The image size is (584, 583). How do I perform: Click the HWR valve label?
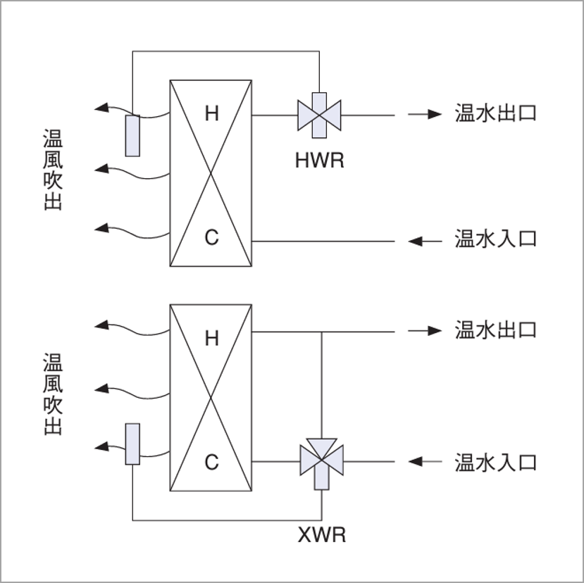[319, 161]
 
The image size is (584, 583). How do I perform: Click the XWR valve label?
[322, 536]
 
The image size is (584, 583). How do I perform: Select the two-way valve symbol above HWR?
[319, 113]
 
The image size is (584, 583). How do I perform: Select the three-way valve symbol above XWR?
[321, 460]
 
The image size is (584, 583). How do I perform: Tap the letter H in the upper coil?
[211, 113]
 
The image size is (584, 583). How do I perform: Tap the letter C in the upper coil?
[211, 238]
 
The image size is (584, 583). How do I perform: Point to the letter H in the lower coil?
[211, 339]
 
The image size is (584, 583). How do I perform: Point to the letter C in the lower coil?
[211, 463]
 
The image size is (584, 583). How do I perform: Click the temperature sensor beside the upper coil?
[132, 134]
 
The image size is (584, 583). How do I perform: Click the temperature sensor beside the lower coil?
[132, 444]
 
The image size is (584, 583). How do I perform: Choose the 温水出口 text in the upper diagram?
[496, 113]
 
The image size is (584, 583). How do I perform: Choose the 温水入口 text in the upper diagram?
[496, 239]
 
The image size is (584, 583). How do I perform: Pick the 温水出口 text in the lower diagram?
[496, 330]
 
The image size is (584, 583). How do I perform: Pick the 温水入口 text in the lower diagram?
[496, 463]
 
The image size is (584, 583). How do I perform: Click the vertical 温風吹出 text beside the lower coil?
[53, 394]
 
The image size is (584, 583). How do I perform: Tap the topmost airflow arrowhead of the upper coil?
[101, 108]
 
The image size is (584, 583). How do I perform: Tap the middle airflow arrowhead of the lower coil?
[101, 387]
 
